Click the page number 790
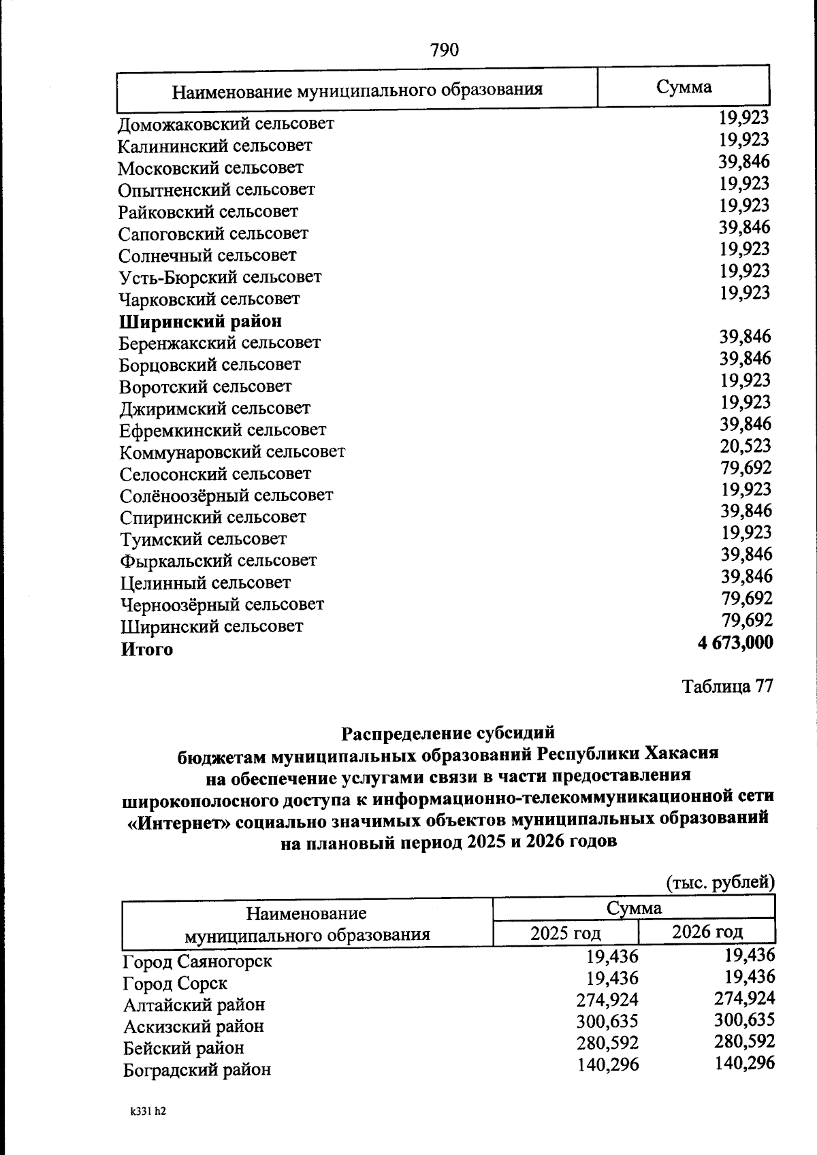pos(445,50)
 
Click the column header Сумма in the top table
pos(684,87)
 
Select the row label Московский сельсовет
pos(210,168)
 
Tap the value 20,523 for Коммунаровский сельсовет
pos(746,446)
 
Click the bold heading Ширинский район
pos(200,321)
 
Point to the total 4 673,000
pos(735,642)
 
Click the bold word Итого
pos(146,649)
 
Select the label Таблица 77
pos(727,687)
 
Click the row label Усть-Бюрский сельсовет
pos(219,278)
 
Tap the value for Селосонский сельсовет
pos(746,468)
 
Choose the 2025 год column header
pos(565,932)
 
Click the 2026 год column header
pos(707,932)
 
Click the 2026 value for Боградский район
pos(745,1063)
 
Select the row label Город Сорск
pos(175,983)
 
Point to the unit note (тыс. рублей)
pos(720,883)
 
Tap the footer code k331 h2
pos(148,1111)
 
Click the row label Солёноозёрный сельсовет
pos(226,495)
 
